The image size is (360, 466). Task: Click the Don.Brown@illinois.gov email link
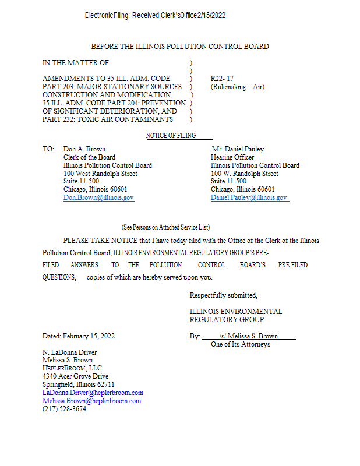98,198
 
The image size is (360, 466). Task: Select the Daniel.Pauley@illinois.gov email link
249,198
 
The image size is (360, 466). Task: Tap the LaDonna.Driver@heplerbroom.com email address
93,393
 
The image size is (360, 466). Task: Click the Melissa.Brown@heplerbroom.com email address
91,401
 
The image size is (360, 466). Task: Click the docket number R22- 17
222,79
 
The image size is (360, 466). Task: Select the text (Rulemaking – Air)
237,87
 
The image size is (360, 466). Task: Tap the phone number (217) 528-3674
64,409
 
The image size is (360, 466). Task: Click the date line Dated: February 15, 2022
79,336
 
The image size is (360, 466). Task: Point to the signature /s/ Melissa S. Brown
249,336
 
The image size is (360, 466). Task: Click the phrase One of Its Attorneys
240,344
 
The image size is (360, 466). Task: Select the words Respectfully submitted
223,295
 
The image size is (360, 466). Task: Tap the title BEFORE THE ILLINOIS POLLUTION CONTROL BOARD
180,47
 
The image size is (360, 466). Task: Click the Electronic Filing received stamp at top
155,16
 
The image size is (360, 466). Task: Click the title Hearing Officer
232,157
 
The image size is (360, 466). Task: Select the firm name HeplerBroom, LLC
72,369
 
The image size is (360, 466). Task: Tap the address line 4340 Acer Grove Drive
76,377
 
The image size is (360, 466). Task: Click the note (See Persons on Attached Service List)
165,227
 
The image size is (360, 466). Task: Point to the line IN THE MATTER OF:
76,62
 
